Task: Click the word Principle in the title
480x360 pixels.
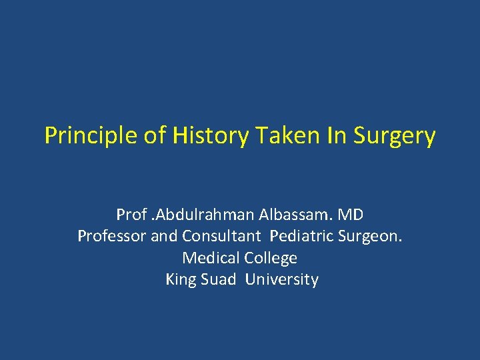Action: tap(91, 136)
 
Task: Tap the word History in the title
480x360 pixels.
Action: tap(209, 136)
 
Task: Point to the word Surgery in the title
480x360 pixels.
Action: tap(395, 136)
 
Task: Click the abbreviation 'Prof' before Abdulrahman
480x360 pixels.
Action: tap(130, 215)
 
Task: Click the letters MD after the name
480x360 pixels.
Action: tap(350, 215)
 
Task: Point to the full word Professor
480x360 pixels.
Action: tap(110, 236)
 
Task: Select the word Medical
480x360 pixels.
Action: tap(209, 257)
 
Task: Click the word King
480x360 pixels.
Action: tap(181, 279)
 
